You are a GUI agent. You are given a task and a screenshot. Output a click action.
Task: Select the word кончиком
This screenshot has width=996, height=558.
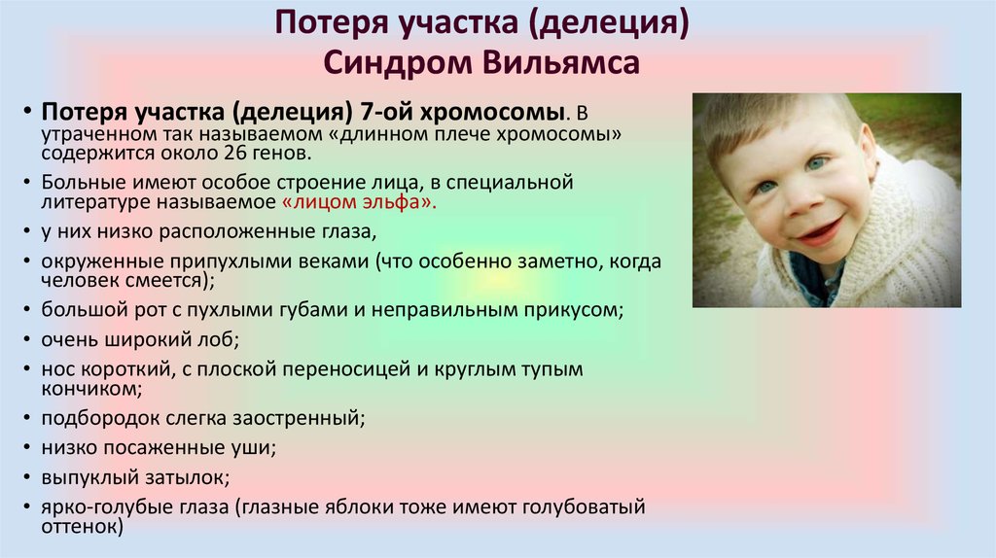[x=91, y=389]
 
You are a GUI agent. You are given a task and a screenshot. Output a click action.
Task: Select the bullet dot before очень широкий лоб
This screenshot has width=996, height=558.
[x=26, y=339]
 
